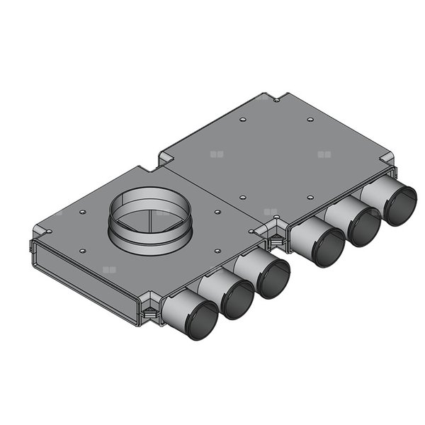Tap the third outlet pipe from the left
click(273, 278)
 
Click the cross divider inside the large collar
click(150, 216)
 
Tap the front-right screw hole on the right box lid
click(310, 198)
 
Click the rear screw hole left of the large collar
click(83, 211)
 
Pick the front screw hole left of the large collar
click(83, 250)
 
